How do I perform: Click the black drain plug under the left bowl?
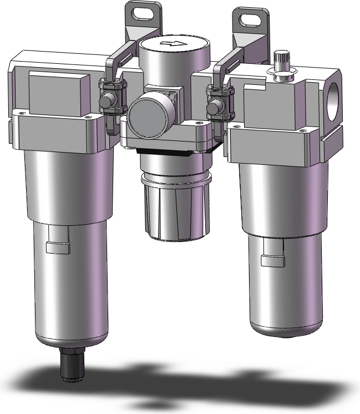70,363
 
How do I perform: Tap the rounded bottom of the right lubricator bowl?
286,330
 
